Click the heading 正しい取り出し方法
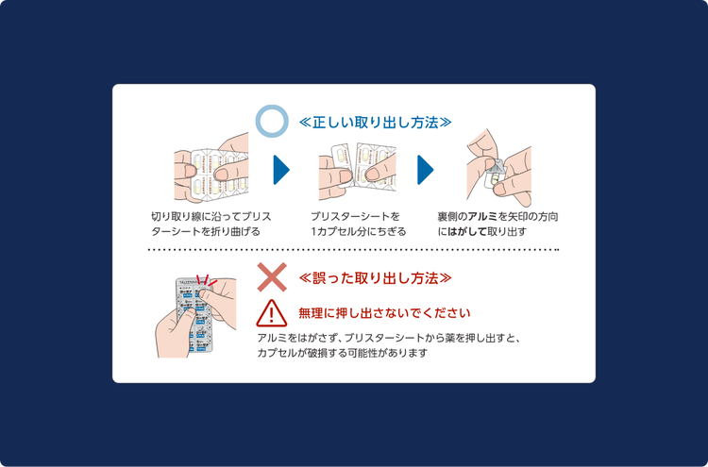point(375,123)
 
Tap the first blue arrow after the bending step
point(280,170)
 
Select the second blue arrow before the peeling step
point(425,170)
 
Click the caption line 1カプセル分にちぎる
point(359,231)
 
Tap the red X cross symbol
point(272,277)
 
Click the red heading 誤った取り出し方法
point(375,278)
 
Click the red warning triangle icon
point(272,312)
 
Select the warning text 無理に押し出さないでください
point(384,312)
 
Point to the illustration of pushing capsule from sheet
point(194,315)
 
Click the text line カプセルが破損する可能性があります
point(342,353)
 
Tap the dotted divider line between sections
point(354,251)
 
